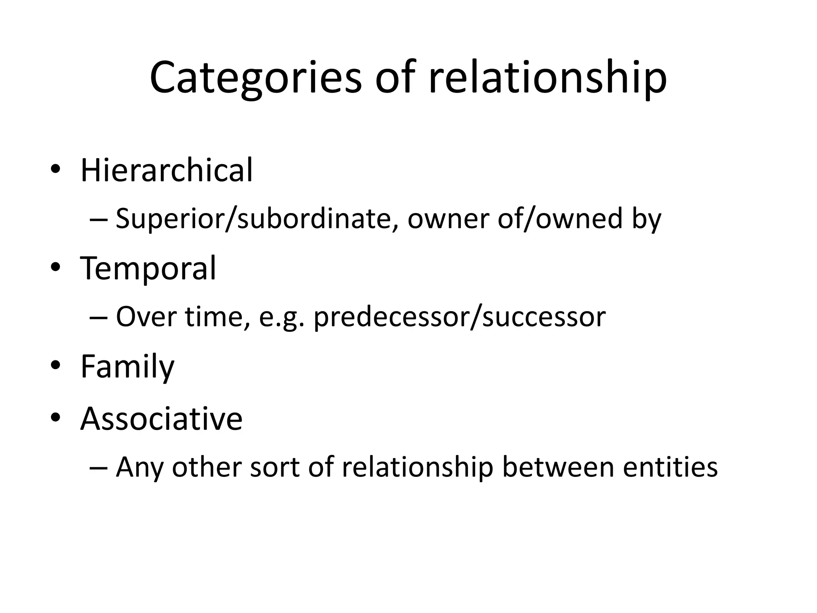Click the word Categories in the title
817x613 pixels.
point(255,78)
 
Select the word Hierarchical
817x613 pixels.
point(166,170)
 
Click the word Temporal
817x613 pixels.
point(148,268)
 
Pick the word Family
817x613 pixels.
point(127,367)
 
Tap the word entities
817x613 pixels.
point(670,467)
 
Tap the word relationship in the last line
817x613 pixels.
point(417,467)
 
